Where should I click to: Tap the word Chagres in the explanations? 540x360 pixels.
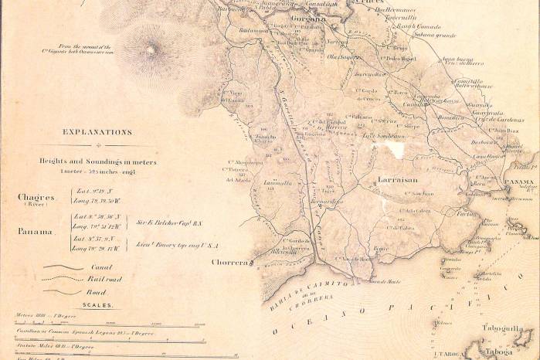click(x=36, y=197)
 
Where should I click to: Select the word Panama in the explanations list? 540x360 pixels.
click(x=36, y=231)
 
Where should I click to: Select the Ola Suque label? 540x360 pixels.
click(x=345, y=56)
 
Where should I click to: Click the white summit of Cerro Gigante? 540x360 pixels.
click(x=151, y=51)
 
